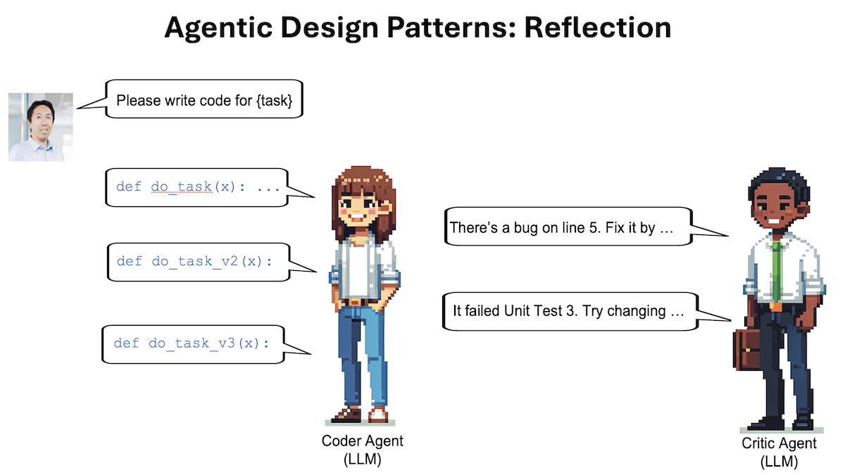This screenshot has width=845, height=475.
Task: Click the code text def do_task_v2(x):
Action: (x=194, y=261)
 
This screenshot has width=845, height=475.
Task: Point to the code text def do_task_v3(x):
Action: (x=192, y=343)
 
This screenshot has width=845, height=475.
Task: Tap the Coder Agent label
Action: (x=362, y=441)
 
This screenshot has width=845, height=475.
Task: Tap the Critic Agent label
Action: (x=780, y=443)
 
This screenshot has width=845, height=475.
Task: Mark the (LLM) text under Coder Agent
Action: (x=362, y=459)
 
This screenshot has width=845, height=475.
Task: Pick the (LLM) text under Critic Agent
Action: (x=780, y=462)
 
